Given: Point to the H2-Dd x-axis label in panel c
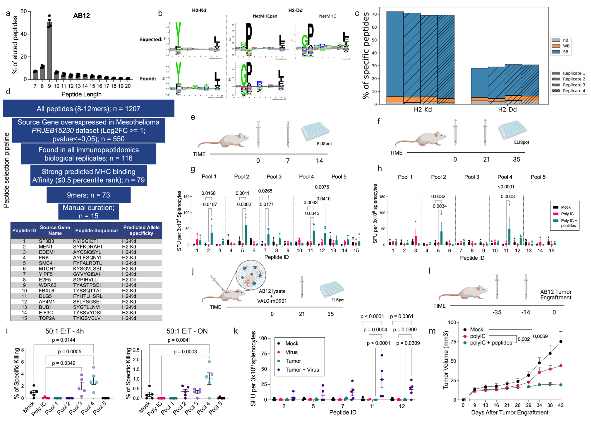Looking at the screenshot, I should pos(507,110).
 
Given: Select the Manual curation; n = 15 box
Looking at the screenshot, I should pos(89,212).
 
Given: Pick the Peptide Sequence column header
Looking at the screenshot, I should pos(96,231).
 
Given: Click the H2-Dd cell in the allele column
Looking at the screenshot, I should pos(129,280).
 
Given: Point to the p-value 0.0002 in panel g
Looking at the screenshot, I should pos(244,204).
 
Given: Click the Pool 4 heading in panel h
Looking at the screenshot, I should pos(505,177).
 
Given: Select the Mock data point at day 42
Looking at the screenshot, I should pos(561,341).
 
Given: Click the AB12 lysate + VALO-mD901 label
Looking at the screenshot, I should pos(272,296).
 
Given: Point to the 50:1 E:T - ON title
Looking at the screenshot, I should pos(187,331).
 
